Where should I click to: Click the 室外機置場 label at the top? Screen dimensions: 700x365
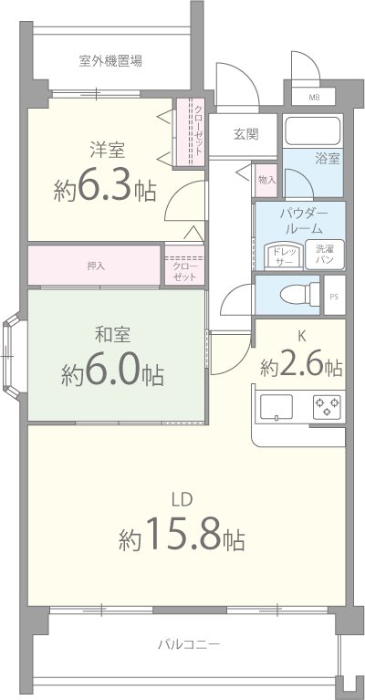tap(109, 62)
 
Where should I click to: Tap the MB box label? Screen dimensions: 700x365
tap(314, 97)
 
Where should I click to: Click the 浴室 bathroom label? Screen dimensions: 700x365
tap(328, 158)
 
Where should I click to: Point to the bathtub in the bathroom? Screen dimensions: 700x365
tap(311, 131)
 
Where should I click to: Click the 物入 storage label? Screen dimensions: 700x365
tap(266, 179)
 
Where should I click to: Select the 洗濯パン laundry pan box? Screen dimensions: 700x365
tap(325, 255)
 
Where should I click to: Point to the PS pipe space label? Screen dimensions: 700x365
tap(334, 296)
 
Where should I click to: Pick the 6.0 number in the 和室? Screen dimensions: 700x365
tap(114, 372)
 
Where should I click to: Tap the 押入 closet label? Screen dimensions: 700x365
tap(95, 266)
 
